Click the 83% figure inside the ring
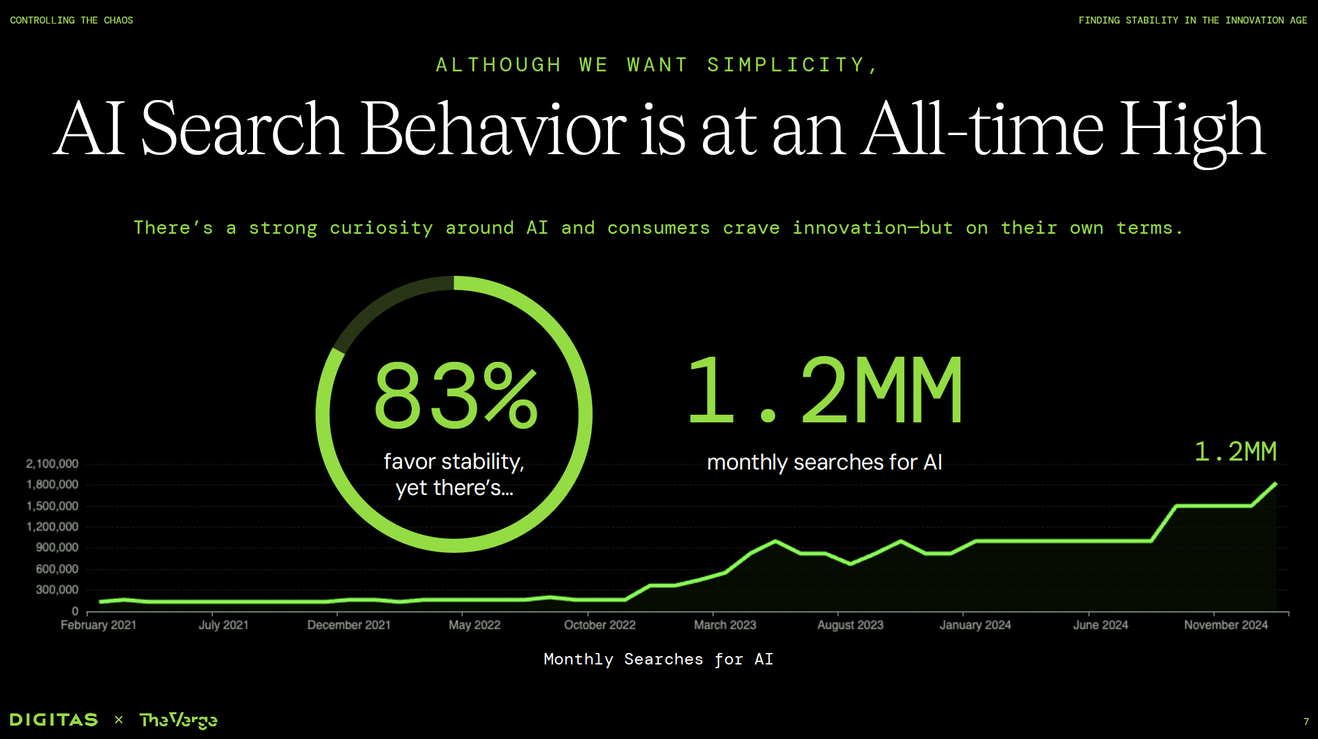pyautogui.click(x=456, y=395)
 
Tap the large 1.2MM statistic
pyautogui.click(x=825, y=390)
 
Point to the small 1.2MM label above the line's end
pyautogui.click(x=1235, y=452)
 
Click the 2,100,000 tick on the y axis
pyautogui.click(x=52, y=464)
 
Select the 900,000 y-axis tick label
pyautogui.click(x=57, y=547)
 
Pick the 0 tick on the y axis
pyautogui.click(x=75, y=611)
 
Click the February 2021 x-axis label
pyautogui.click(x=98, y=625)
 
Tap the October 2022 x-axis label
pyautogui.click(x=600, y=625)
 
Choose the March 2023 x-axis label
pyautogui.click(x=725, y=625)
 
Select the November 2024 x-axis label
pyautogui.click(x=1226, y=625)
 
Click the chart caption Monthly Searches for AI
pyautogui.click(x=658, y=659)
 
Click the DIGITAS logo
pyautogui.click(x=54, y=720)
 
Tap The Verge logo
pyautogui.click(x=178, y=720)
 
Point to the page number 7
pyautogui.click(x=1306, y=722)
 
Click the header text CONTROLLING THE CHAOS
pyautogui.click(x=71, y=20)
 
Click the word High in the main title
pyautogui.click(x=1192, y=131)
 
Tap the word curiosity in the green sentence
pyautogui.click(x=381, y=228)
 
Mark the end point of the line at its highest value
pyautogui.click(x=1276, y=484)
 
